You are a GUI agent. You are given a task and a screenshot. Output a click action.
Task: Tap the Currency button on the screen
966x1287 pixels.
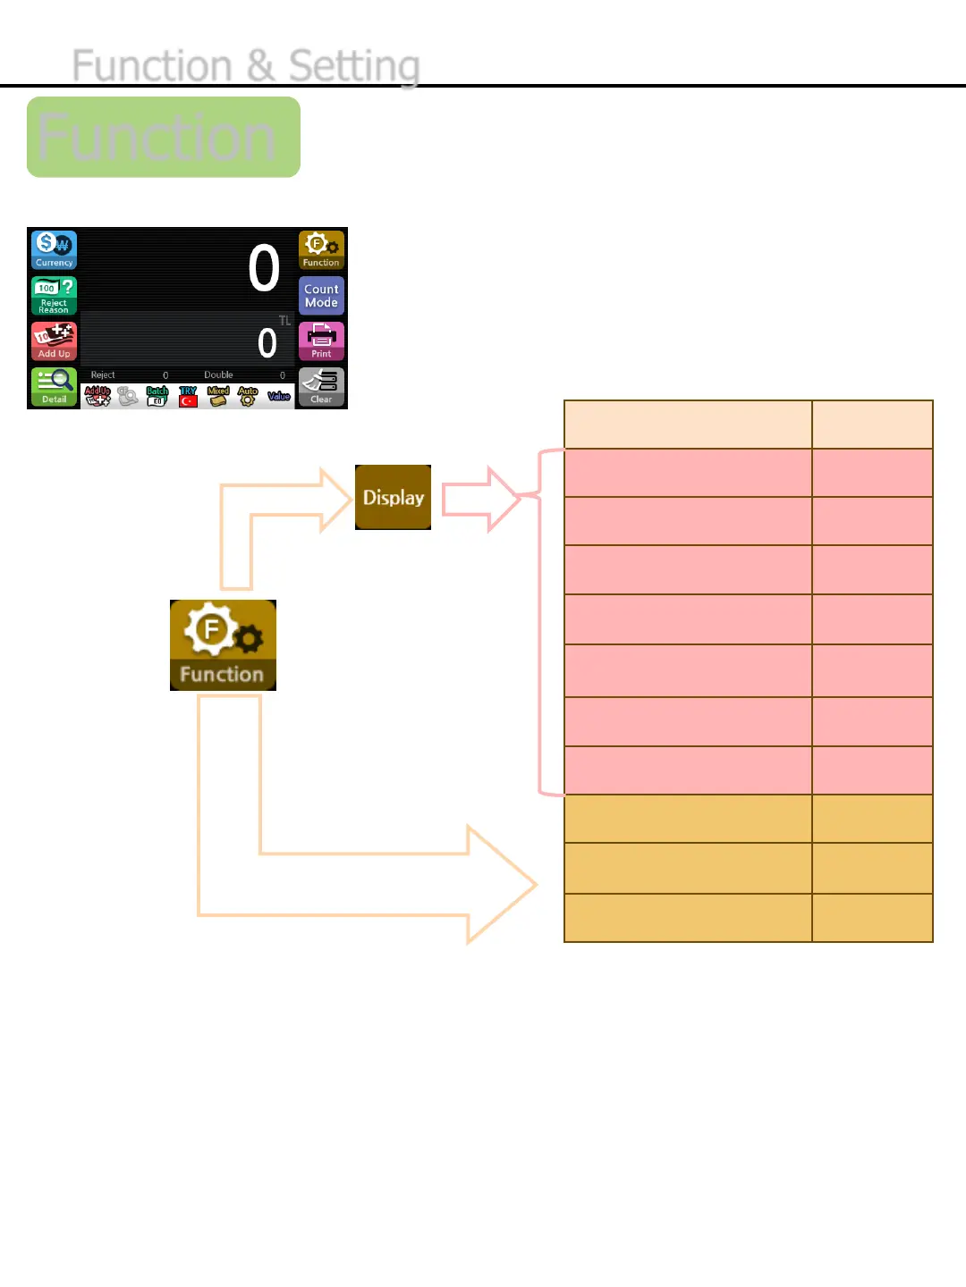tap(55, 250)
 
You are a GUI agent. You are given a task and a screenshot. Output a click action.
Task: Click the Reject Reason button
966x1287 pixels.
tap(55, 295)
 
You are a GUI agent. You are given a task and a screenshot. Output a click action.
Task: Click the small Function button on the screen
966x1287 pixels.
tap(321, 250)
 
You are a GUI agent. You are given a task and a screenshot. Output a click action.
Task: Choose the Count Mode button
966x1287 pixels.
tap(321, 295)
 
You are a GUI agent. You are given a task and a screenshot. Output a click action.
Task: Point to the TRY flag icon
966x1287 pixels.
tap(188, 397)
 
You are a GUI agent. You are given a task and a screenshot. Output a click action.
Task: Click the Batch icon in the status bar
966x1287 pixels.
tap(157, 397)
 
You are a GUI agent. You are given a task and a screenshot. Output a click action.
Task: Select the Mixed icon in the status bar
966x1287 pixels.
tap(218, 397)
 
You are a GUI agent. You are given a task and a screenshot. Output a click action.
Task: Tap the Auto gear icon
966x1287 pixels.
tap(248, 397)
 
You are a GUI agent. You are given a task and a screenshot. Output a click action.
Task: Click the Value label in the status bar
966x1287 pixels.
tap(279, 396)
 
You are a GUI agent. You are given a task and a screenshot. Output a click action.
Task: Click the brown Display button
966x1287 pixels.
tap(393, 497)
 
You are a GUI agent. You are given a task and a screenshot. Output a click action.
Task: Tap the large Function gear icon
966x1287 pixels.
tap(223, 644)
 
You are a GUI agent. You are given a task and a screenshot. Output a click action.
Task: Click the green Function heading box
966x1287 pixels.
tap(164, 137)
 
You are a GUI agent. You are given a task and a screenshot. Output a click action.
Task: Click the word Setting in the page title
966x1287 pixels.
tap(354, 66)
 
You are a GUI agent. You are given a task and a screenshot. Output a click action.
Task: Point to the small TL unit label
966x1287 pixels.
tap(284, 321)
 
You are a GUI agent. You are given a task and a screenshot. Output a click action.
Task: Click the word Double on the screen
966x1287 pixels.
tap(218, 375)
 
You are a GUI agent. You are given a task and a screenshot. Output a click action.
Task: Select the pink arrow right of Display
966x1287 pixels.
tap(481, 499)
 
